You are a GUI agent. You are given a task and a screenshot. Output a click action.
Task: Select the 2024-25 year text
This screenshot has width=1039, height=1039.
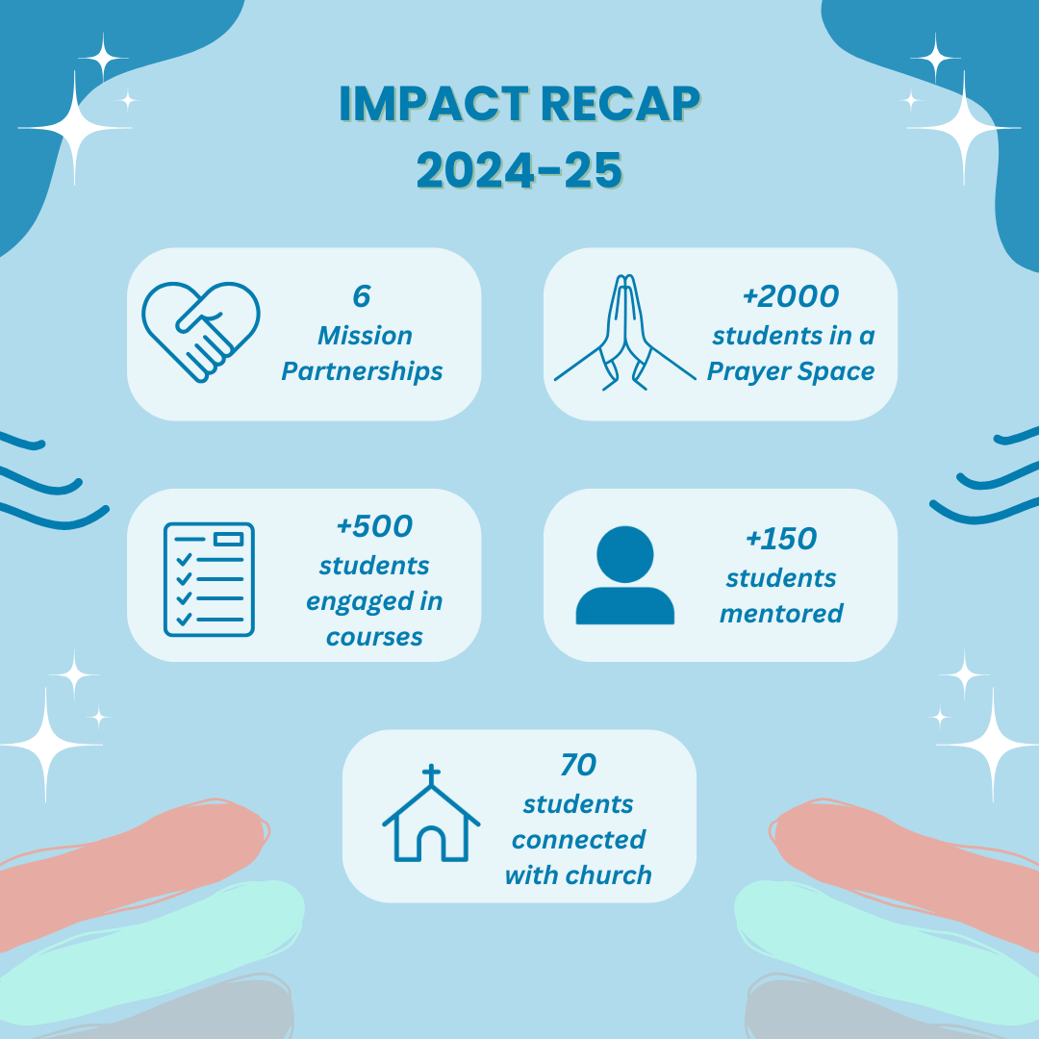click(519, 170)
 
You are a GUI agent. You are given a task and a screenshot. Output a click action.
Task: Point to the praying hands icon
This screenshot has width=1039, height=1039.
click(625, 332)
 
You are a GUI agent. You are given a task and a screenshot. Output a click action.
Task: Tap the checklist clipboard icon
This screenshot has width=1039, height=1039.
click(209, 579)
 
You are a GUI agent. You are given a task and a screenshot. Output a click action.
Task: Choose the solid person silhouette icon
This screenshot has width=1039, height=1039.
click(625, 574)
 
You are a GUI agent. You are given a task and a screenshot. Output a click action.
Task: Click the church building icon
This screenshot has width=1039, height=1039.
click(431, 813)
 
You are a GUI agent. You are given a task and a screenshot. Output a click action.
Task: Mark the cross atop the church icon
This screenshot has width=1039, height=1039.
click(431, 773)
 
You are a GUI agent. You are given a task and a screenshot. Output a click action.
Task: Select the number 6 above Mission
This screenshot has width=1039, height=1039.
click(361, 296)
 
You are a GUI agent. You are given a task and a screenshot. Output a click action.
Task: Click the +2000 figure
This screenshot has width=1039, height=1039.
click(791, 296)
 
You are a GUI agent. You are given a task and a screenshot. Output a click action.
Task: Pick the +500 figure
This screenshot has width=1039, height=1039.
click(374, 526)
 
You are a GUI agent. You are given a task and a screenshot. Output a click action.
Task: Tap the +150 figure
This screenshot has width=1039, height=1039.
click(781, 539)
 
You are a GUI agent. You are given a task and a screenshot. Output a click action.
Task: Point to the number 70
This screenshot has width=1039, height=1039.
click(578, 765)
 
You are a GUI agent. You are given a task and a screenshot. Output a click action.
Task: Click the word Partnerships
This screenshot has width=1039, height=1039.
click(362, 371)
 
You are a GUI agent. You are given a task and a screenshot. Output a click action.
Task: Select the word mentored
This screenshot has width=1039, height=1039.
click(781, 614)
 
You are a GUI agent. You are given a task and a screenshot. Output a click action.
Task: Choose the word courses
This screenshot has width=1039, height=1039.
click(374, 638)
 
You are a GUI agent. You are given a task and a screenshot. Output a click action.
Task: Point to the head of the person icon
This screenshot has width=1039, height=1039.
click(625, 554)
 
